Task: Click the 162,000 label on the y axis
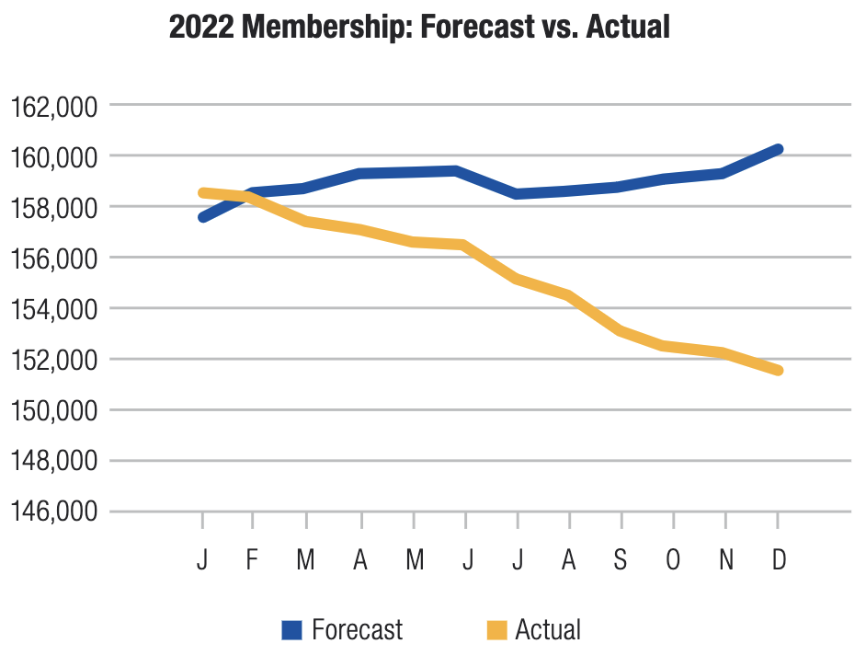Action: coord(52,107)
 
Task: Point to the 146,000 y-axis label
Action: coord(52,511)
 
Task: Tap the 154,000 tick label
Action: coord(52,309)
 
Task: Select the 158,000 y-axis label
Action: coord(52,208)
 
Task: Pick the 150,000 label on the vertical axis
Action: coord(52,410)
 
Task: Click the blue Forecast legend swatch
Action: coord(291,630)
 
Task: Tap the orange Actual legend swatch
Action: coord(496,630)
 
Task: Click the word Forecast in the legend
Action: coord(357,630)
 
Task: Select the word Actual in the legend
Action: coord(548,630)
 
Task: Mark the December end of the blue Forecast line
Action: coord(778,149)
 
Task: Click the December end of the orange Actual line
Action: coord(778,370)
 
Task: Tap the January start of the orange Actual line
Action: coord(202,192)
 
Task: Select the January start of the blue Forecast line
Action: coord(202,217)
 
